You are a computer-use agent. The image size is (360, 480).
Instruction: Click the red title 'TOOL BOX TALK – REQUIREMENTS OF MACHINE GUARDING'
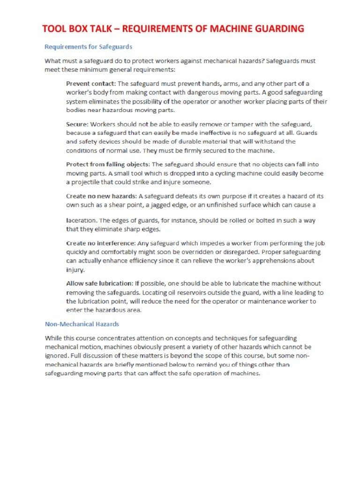click(x=173, y=29)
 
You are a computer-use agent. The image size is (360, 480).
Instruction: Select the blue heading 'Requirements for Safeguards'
click(x=88, y=47)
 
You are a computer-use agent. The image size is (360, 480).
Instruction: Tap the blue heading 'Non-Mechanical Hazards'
click(x=82, y=324)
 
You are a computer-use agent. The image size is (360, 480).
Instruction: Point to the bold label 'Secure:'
click(x=77, y=124)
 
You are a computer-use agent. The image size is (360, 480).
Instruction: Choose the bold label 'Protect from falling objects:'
click(x=108, y=165)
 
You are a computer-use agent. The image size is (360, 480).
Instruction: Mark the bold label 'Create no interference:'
click(x=101, y=243)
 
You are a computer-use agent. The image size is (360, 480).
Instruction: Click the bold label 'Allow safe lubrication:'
click(x=99, y=284)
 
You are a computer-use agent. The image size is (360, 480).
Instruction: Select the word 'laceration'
click(x=81, y=220)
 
